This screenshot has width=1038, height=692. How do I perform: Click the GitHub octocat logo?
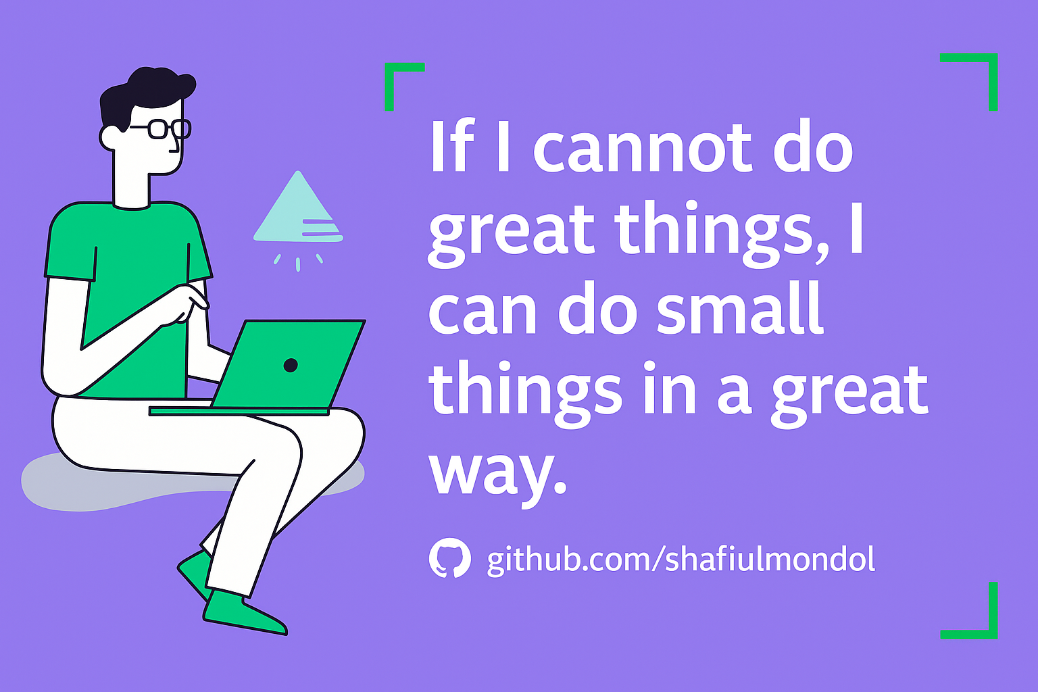(x=449, y=558)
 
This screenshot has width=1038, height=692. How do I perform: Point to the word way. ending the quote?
(x=498, y=478)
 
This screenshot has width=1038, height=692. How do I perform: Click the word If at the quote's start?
(x=453, y=145)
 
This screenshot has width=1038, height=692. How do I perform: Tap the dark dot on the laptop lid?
(x=291, y=365)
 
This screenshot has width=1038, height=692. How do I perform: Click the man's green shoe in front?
(x=245, y=612)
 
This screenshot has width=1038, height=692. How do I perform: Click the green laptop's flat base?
(x=239, y=411)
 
